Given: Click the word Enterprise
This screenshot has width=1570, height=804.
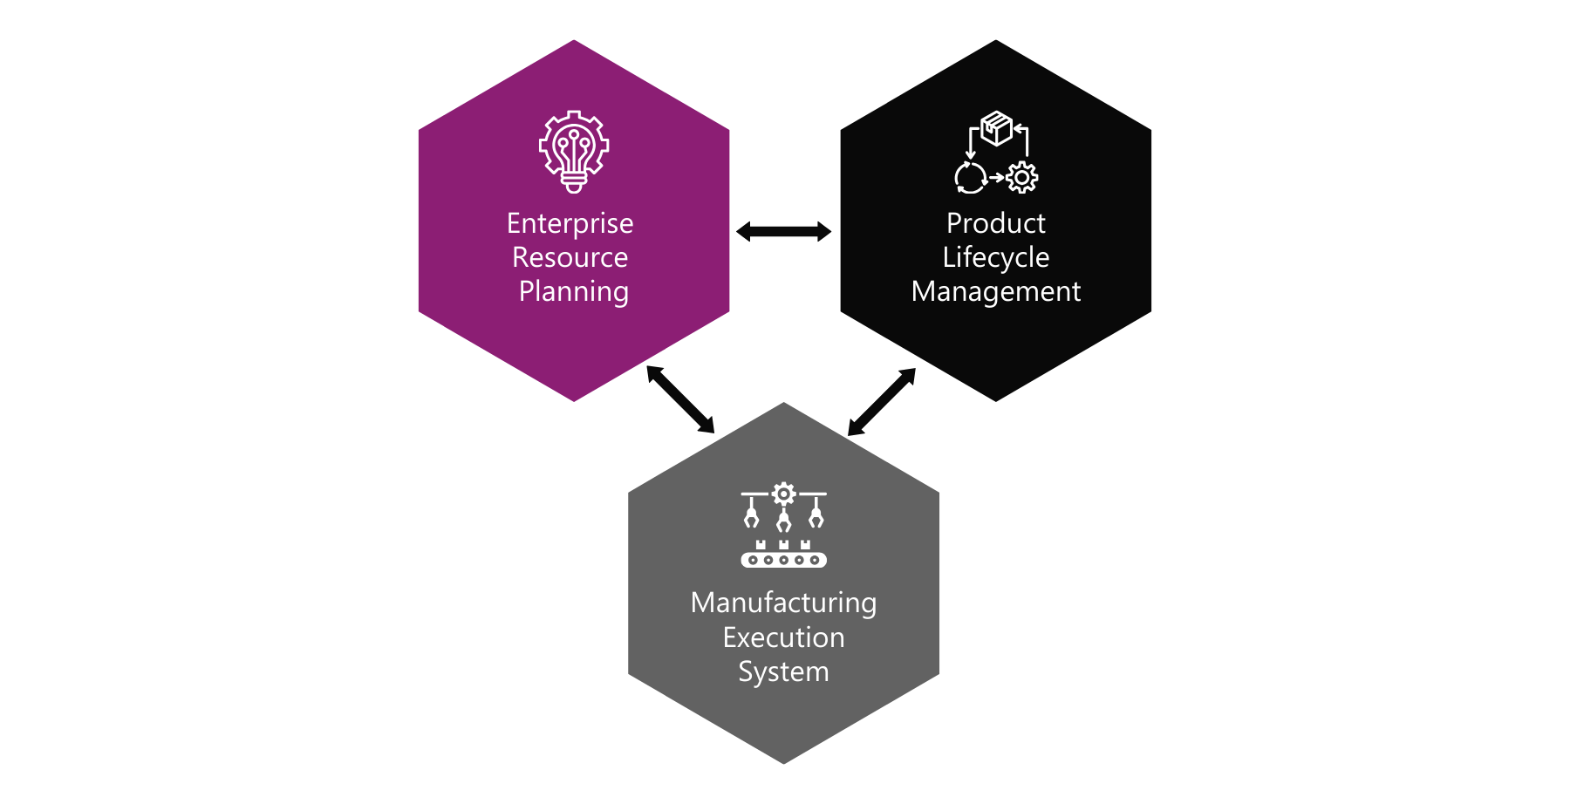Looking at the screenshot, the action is point(570,224).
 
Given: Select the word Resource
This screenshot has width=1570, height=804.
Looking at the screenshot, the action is point(570,257).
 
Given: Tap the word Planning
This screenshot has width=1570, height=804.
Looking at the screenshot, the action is point(573,292).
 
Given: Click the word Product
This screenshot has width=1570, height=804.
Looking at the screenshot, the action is point(995,223).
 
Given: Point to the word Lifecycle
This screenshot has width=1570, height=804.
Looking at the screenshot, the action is point(995,258).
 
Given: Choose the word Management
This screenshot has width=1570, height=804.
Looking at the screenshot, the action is point(995,292).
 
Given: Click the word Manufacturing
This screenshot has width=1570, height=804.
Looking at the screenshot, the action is point(783,603).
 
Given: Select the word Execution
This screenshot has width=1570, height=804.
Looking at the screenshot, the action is point(783,637).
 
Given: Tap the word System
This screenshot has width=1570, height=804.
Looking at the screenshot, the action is point(783,672).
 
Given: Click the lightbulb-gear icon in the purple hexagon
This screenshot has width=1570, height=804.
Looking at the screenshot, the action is point(573,151).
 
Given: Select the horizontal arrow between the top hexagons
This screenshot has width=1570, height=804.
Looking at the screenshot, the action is point(783,231).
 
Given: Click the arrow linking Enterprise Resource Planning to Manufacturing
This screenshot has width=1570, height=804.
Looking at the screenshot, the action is point(680,399).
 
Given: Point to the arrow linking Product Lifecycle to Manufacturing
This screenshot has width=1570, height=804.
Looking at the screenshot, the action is point(882,401).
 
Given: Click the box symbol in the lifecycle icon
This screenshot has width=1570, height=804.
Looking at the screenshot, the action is point(996,127).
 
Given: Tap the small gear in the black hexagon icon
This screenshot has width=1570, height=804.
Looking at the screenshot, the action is point(1022,178).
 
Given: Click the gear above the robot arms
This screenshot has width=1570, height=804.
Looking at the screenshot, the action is point(784,494).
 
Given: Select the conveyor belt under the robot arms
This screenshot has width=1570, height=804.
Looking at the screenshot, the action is point(783,560).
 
